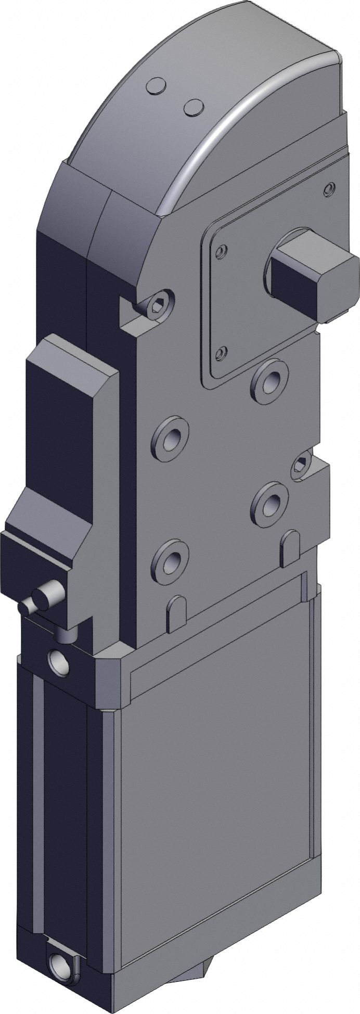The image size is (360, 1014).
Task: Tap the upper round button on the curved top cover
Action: coord(157,86)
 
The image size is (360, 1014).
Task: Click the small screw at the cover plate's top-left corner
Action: coord(222,252)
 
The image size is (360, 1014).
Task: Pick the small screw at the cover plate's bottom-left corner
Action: coord(221,354)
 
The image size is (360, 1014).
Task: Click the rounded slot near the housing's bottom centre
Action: coord(176,613)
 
